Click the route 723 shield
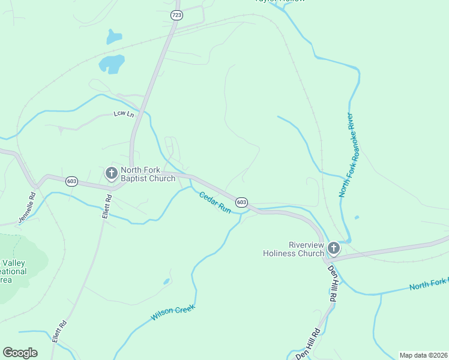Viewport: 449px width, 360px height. [x=176, y=16]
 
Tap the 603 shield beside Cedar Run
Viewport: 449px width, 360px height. [x=241, y=202]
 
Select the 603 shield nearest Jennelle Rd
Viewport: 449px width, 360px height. [x=72, y=181]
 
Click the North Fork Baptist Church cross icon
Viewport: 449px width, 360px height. [x=111, y=173]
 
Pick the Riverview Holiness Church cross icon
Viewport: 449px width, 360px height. [x=334, y=248]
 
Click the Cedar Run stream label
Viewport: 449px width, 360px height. [x=215, y=202]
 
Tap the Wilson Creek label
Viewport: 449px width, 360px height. [x=173, y=313]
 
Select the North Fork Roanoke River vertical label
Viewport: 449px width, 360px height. [x=347, y=155]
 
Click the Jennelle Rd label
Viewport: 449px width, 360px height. [x=27, y=207]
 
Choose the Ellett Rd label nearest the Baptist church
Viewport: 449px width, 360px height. [x=107, y=206]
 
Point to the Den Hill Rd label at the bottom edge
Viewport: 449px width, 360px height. [x=309, y=344]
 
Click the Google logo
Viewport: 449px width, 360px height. [x=20, y=353]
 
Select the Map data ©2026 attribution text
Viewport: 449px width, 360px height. [x=423, y=355]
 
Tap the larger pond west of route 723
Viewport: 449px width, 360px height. [x=112, y=63]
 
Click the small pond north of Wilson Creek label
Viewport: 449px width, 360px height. [x=166, y=281]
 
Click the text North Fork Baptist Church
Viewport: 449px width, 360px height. [x=148, y=174]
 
